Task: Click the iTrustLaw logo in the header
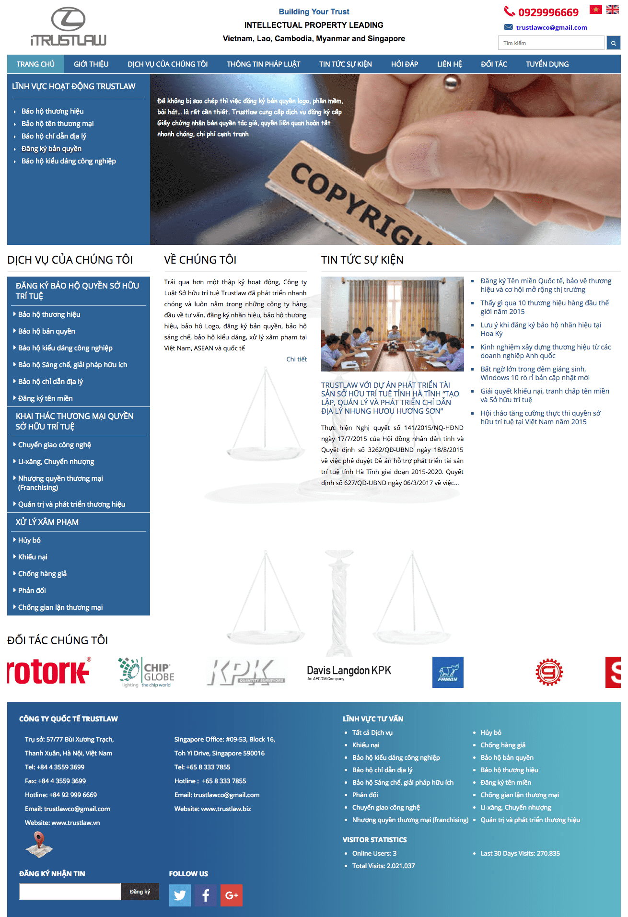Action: [x=68, y=27]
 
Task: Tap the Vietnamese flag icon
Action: [x=595, y=10]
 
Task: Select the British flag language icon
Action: [x=612, y=10]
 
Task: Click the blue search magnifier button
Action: [x=613, y=43]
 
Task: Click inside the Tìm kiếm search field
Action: [x=551, y=43]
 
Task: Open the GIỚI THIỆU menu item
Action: [x=91, y=64]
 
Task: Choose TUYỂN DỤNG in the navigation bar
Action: [x=547, y=64]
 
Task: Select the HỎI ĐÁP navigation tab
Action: [x=404, y=64]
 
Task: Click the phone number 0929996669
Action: [x=548, y=12]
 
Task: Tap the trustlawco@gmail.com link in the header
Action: [x=551, y=27]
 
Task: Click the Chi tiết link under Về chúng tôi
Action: [x=296, y=359]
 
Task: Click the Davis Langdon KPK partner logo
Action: [x=349, y=672]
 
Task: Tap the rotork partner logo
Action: [x=49, y=672]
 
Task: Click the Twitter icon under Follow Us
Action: [x=180, y=895]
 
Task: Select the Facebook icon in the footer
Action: [x=206, y=895]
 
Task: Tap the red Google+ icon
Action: [x=231, y=895]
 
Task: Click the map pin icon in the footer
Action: [x=39, y=844]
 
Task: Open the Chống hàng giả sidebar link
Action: [x=42, y=574]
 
